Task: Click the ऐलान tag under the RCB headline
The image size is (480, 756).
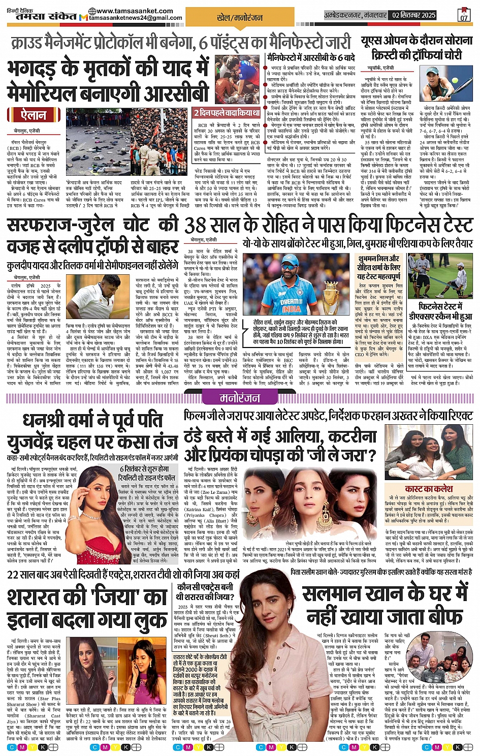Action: pos(34,115)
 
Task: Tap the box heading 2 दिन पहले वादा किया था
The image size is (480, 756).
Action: pos(227,112)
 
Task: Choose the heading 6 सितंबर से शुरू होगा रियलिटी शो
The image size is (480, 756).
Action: pos(147,473)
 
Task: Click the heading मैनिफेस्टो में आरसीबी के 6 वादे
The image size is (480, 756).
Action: pos(311,57)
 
